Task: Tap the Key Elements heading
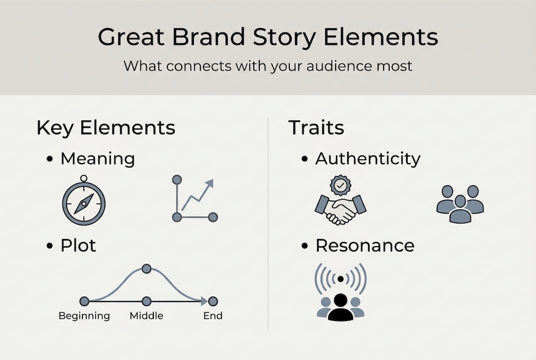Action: tap(106, 128)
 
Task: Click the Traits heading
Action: tap(316, 128)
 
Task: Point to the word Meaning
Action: tap(97, 159)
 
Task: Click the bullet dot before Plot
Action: tap(49, 246)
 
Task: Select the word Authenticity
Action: tap(368, 159)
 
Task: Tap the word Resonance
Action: tap(365, 245)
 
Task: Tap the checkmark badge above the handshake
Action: tap(341, 185)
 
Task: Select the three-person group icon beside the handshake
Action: tap(460, 203)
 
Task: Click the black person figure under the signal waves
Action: tap(341, 307)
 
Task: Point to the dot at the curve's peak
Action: tap(146, 269)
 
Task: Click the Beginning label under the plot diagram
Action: tap(84, 316)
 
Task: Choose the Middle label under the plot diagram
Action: tap(146, 316)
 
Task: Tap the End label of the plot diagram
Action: tap(213, 316)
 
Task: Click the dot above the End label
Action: tap(213, 301)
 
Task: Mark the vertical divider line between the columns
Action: tap(268, 225)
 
